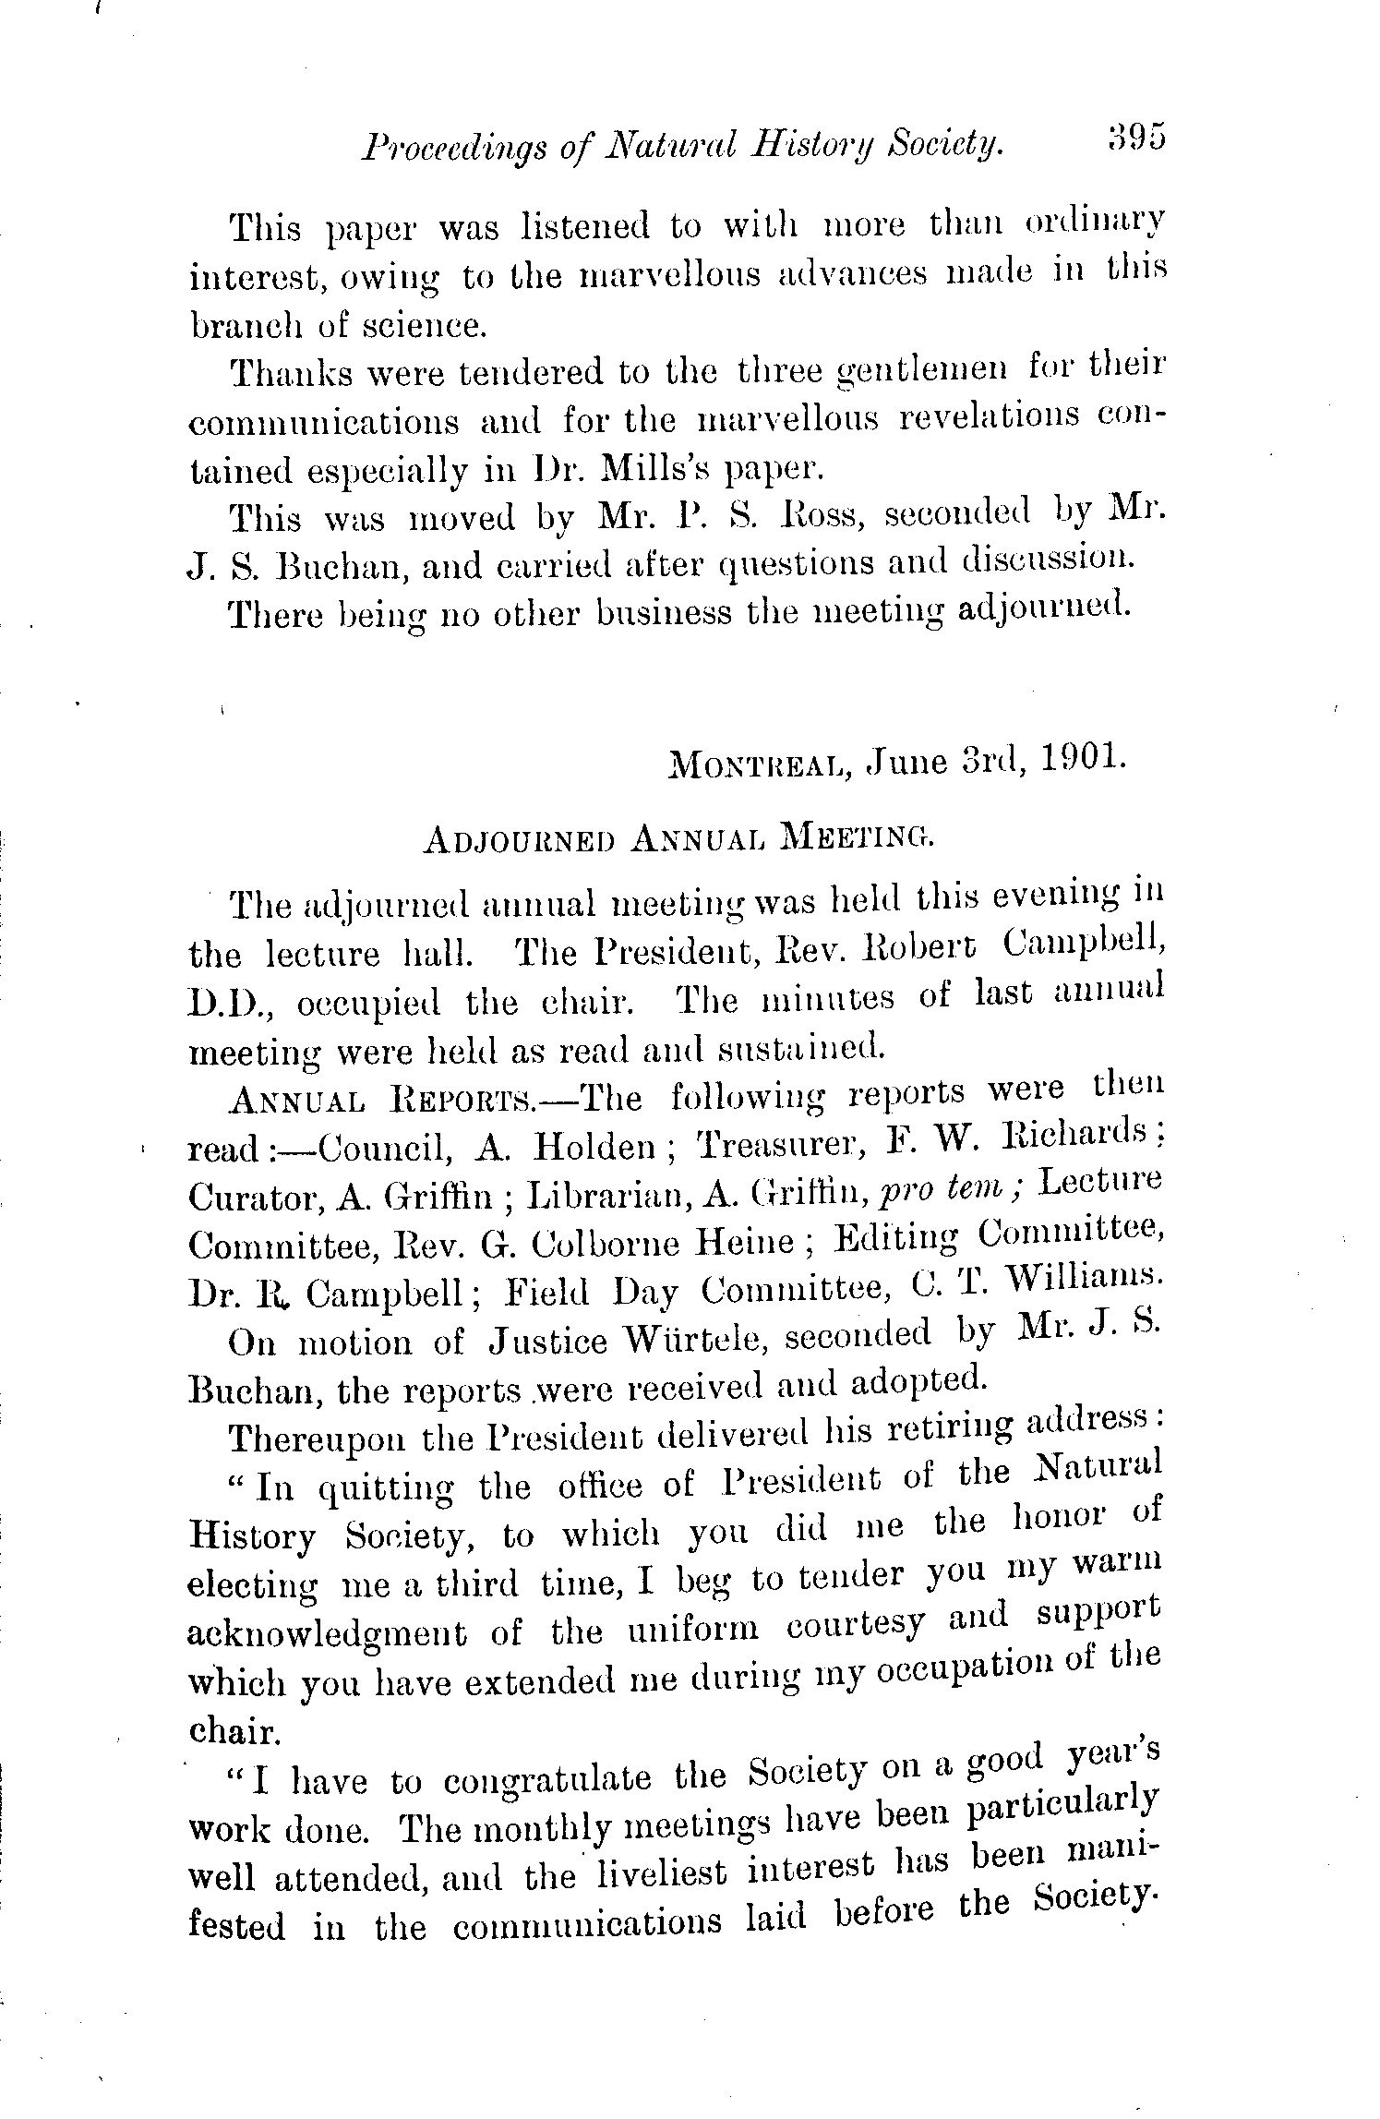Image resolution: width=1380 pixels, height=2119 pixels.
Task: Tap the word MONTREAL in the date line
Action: (x=758, y=765)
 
